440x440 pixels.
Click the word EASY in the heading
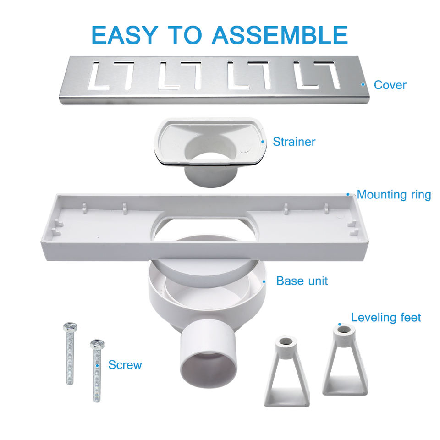125,35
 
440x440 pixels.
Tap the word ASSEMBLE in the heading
280,35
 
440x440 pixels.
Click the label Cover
390,85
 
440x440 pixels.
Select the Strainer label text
294,142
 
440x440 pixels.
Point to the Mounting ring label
394,195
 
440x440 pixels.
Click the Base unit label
302,281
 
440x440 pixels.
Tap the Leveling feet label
386,318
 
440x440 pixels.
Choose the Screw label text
125,365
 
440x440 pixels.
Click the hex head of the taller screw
70,327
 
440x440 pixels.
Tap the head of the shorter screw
97,344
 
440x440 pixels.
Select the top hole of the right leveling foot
344,329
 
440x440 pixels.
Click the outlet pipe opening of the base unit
209,370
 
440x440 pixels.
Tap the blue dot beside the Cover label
363,84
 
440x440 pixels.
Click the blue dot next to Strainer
263,142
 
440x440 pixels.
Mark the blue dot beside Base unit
264,281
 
